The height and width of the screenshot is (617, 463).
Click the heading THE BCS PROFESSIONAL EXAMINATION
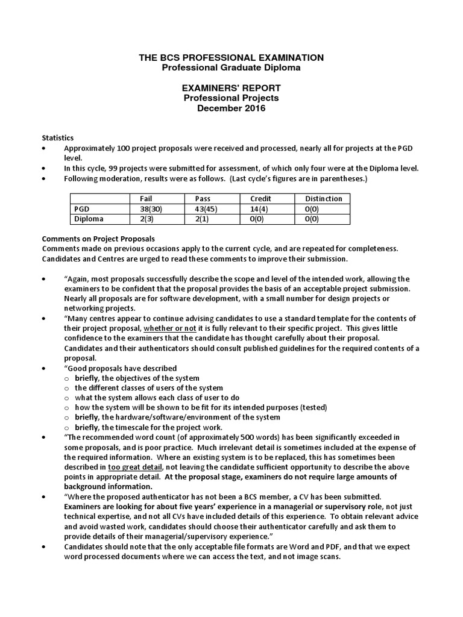(231, 57)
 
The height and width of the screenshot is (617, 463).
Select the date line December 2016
(231, 109)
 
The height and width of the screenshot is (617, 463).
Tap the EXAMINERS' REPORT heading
(231, 88)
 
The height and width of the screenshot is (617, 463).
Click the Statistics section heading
(58, 138)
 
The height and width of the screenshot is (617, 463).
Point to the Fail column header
(146, 198)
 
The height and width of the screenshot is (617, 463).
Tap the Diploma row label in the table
(89, 219)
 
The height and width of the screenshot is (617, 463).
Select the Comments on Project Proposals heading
(98, 238)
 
